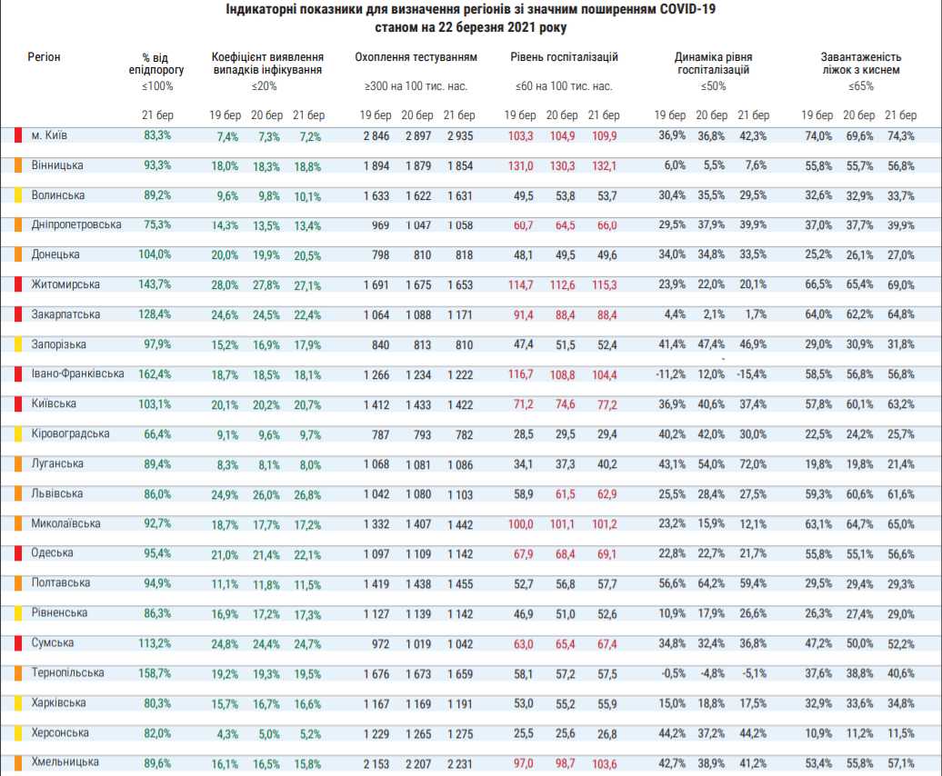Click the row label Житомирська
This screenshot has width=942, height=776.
pos(65,284)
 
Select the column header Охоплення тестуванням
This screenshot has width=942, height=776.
pos(416,57)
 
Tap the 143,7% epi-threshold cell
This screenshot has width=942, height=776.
pos(155,284)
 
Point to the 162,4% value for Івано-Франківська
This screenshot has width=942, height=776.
pos(155,373)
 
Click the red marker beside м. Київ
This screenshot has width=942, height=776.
pos(18,135)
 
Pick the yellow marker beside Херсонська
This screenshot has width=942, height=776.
pos(18,732)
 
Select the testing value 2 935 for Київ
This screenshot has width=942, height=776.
pos(459,135)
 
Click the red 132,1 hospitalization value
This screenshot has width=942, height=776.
pos(605,165)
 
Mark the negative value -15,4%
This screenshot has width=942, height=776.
pos(752,374)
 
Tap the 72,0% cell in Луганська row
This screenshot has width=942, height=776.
pos(753,464)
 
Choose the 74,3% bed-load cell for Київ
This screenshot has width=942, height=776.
pos(900,135)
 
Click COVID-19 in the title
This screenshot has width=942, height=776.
pos(687,10)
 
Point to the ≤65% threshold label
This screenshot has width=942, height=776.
pos(861,85)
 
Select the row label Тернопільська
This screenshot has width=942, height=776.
pos(67,672)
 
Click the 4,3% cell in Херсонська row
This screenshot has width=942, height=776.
pos(227,734)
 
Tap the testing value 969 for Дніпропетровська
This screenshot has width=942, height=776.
pos(380,225)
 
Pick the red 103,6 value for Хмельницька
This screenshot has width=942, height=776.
pos(605,763)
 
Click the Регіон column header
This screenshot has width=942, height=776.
pos(44,57)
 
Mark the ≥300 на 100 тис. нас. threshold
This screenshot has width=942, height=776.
pos(416,85)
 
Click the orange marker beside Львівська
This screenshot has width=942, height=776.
pos(18,494)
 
